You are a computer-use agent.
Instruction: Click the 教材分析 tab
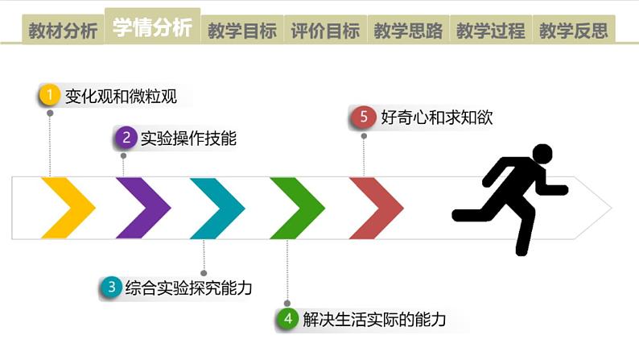tap(63, 31)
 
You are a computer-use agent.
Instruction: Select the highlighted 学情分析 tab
tap(152, 27)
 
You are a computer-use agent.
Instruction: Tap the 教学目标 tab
tap(242, 31)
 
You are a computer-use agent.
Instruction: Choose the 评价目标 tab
tap(325, 31)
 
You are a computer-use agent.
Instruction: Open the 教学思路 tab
tap(408, 31)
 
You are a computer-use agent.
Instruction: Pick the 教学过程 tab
tap(491, 31)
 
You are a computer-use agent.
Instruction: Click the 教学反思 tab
tap(574, 31)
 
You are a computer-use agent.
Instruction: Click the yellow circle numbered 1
tap(50, 96)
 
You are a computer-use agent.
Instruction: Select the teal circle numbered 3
tap(111, 287)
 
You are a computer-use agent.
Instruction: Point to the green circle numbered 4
tap(287, 319)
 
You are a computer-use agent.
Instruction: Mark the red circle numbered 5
tap(364, 117)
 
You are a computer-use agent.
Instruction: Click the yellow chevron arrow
tap(71, 208)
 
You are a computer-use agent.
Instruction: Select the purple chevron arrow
tap(145, 208)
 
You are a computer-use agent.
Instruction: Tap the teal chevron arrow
tap(220, 208)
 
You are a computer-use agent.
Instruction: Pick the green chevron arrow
tap(299, 208)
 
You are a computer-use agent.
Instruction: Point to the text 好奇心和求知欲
tap(436, 118)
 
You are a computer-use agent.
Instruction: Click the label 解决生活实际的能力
tap(373, 320)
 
